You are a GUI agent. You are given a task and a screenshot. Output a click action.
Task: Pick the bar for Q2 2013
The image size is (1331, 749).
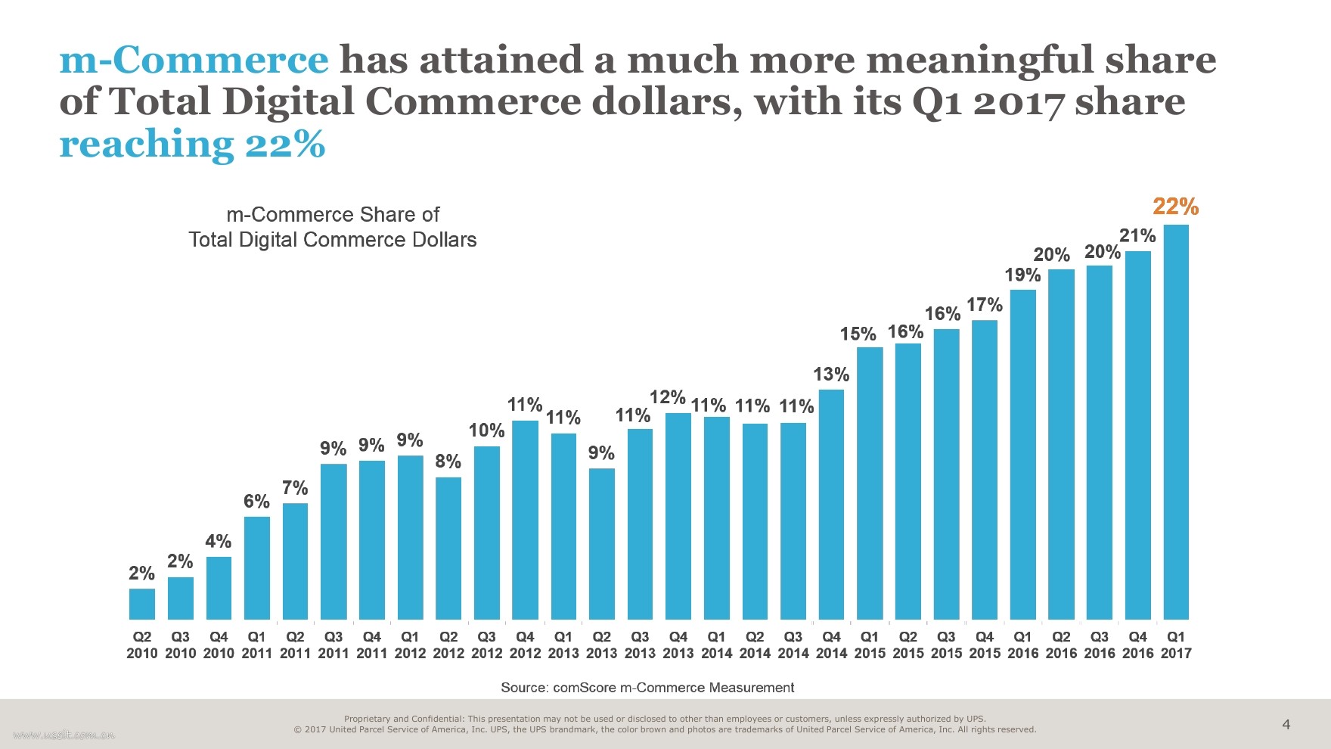[601, 544]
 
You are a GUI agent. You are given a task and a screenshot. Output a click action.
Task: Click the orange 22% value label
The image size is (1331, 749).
[1175, 207]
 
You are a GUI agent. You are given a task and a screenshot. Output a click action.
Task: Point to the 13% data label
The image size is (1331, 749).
[831, 374]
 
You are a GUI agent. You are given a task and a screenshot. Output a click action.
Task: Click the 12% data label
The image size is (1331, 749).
[667, 397]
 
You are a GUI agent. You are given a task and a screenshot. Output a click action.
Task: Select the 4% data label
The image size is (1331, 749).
[218, 541]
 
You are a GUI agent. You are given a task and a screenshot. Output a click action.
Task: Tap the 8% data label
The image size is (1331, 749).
[448, 461]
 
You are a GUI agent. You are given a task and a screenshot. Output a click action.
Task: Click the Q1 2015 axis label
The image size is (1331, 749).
[870, 645]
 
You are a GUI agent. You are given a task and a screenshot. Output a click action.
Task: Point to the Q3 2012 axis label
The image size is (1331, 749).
[486, 645]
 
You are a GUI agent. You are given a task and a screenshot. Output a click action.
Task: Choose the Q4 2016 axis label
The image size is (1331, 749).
[1137, 645]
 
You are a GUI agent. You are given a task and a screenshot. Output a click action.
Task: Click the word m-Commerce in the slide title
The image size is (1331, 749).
[194, 60]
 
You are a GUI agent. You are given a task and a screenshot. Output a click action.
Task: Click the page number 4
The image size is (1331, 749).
[1286, 725]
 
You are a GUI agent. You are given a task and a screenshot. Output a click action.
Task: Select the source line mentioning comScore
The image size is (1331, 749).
[647, 687]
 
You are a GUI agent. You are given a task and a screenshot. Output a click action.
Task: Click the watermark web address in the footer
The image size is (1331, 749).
[64, 734]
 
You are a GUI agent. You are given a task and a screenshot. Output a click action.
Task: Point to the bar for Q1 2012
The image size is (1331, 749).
[410, 537]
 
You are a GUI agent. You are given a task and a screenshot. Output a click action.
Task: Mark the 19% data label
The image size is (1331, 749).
[1022, 275]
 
